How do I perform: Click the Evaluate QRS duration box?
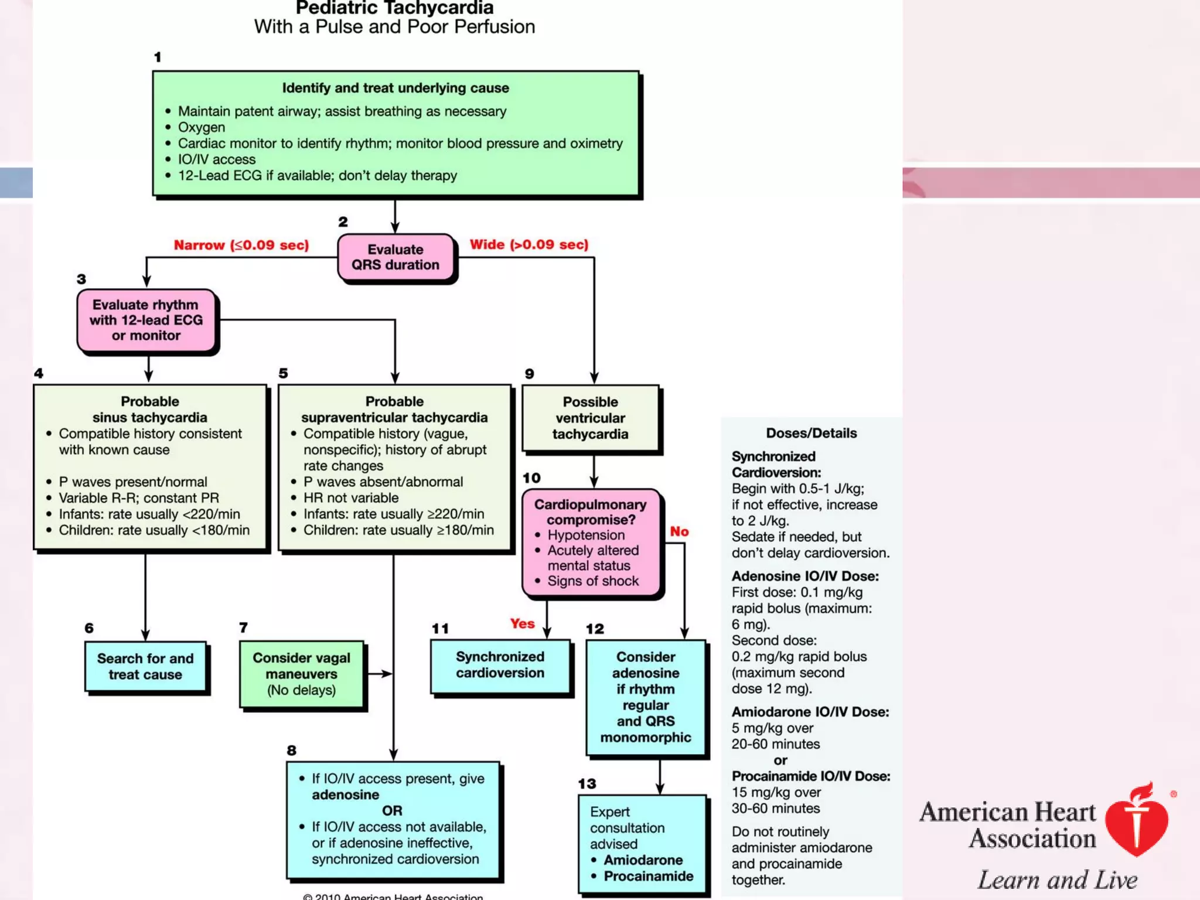[x=396, y=257]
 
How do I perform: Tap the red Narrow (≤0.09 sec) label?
[x=241, y=245]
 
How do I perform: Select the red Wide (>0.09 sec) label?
[x=529, y=244]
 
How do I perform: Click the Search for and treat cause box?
[x=145, y=667]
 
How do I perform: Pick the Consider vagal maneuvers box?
[x=301, y=674]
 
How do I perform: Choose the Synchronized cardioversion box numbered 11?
[x=500, y=665]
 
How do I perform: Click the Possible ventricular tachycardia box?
[x=590, y=418]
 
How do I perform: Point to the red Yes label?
[x=522, y=623]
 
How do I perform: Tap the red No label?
[x=679, y=531]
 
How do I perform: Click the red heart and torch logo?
[x=1136, y=820]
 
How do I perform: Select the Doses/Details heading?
[x=811, y=433]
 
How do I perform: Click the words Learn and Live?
[x=1057, y=880]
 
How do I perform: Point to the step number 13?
[x=587, y=783]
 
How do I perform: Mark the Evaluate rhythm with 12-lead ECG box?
[x=146, y=320]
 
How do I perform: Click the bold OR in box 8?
[x=392, y=810]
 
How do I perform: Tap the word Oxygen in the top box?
[x=201, y=127]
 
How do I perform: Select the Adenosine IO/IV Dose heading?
[x=804, y=576]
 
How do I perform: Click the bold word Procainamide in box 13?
[x=648, y=876]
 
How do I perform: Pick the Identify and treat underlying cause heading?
[x=396, y=88]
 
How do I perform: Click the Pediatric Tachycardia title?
[x=394, y=8]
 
